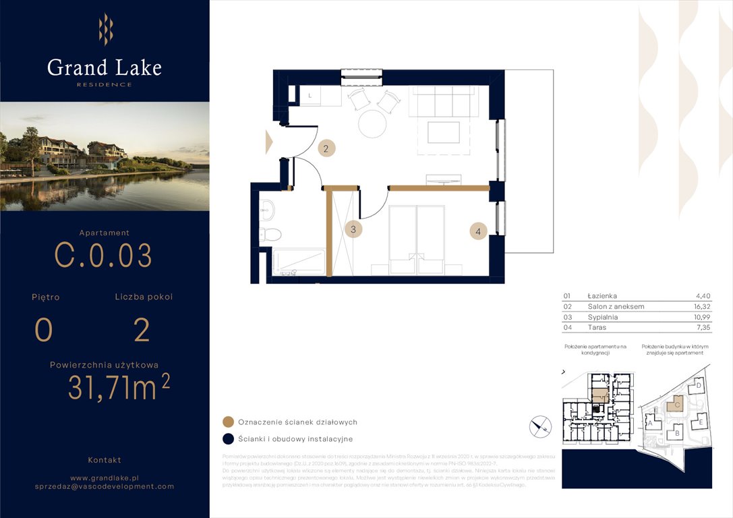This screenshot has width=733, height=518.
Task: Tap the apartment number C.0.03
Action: pyautogui.click(x=103, y=256)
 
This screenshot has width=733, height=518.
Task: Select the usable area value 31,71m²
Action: pyautogui.click(x=119, y=387)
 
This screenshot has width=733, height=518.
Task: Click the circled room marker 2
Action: pyautogui.click(x=326, y=149)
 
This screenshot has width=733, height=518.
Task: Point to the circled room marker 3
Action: pyautogui.click(x=353, y=229)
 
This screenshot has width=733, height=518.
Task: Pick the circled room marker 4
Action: pyautogui.click(x=478, y=231)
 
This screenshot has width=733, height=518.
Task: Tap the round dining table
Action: pyautogui.click(x=372, y=124)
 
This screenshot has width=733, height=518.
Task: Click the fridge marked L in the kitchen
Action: pyautogui.click(x=310, y=96)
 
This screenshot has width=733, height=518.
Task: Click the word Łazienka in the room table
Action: pyautogui.click(x=602, y=296)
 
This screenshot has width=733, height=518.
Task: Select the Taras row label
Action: pyautogui.click(x=597, y=327)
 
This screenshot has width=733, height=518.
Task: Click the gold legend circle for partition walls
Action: pyautogui.click(x=228, y=422)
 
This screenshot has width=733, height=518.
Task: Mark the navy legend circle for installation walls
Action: pyautogui.click(x=228, y=439)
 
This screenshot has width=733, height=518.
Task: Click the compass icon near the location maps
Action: pyautogui.click(x=541, y=426)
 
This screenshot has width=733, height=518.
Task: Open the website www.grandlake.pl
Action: pyautogui.click(x=105, y=477)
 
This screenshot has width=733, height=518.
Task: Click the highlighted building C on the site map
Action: pyautogui.click(x=674, y=404)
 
